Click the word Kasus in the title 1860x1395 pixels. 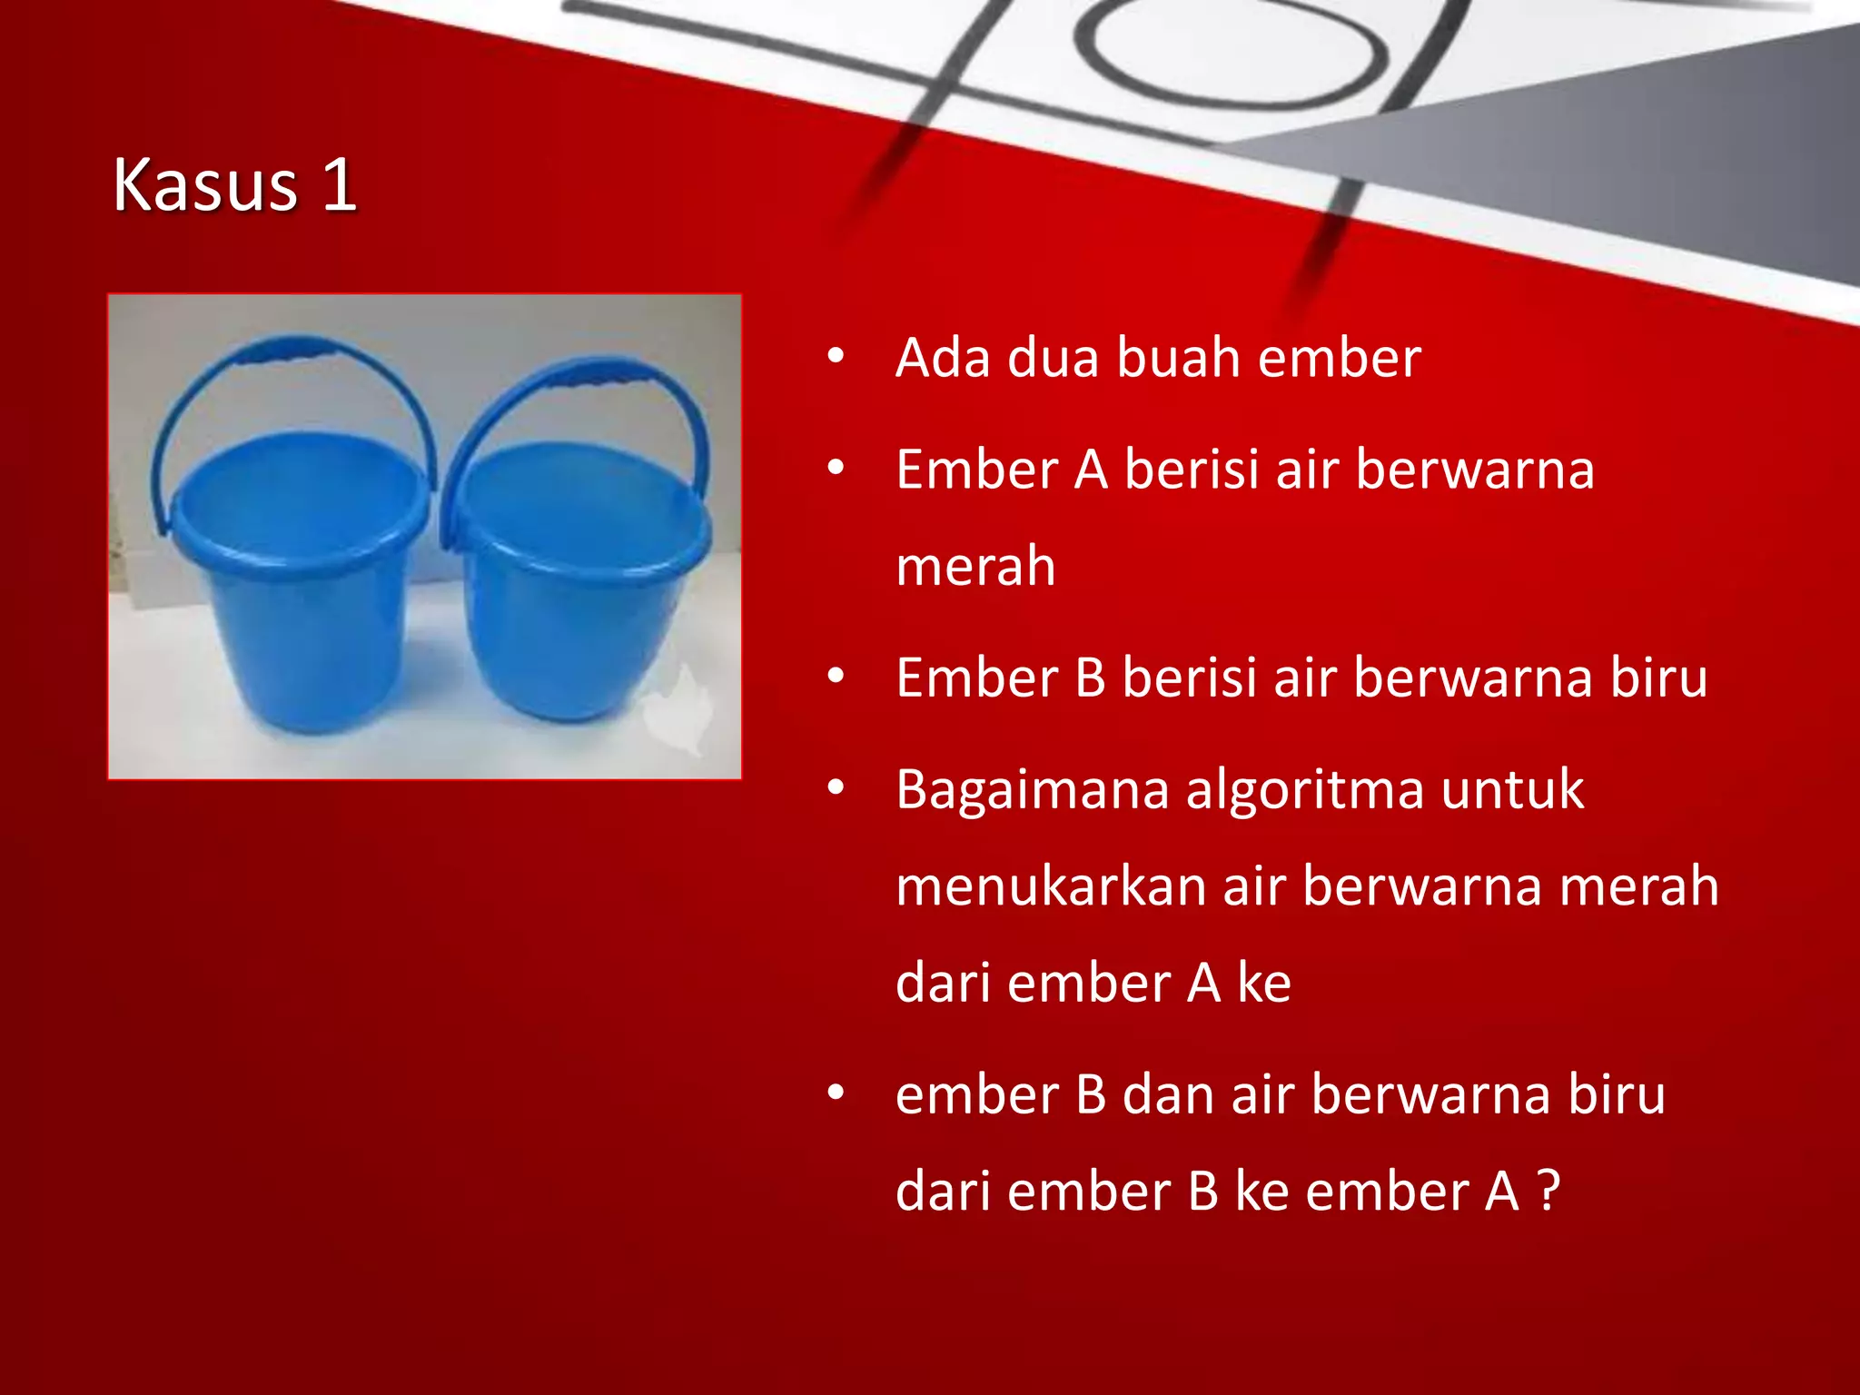[x=205, y=185]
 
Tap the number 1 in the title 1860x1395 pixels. [x=338, y=185]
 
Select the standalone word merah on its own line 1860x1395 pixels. [x=975, y=567]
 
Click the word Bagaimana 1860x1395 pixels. [x=1032, y=790]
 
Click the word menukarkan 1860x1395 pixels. [x=1050, y=886]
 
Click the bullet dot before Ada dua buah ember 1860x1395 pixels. [x=836, y=356]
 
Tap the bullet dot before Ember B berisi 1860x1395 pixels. [x=836, y=677]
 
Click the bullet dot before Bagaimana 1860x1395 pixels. [x=836, y=788]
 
